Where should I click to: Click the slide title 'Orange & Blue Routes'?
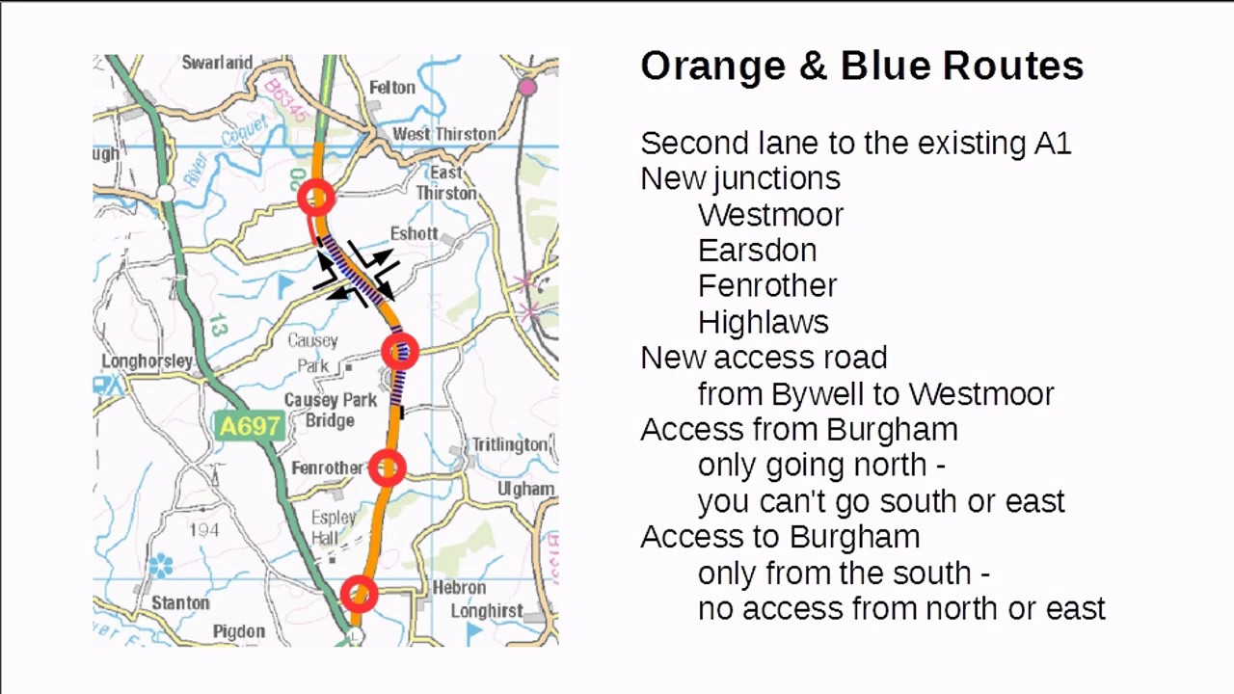pyautogui.click(x=862, y=66)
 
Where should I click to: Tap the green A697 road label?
pyautogui.click(x=250, y=425)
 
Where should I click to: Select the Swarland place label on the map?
pyautogui.click(x=217, y=63)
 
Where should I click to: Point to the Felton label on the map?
pyautogui.click(x=391, y=87)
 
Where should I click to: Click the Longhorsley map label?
pyautogui.click(x=147, y=361)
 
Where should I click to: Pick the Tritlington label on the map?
pyautogui.click(x=508, y=444)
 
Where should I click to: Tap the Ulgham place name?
pyautogui.click(x=525, y=489)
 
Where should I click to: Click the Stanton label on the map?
pyautogui.click(x=180, y=602)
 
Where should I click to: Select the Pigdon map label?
pyautogui.click(x=238, y=631)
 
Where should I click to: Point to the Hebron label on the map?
pyautogui.click(x=459, y=587)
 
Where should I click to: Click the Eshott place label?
pyautogui.click(x=414, y=233)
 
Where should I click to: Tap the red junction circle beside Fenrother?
pyautogui.click(x=388, y=468)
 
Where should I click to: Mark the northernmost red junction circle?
pyautogui.click(x=316, y=199)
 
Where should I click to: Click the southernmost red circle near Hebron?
pyautogui.click(x=359, y=595)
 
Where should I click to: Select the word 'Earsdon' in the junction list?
pyautogui.click(x=757, y=251)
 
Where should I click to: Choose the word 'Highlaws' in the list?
pyautogui.click(x=763, y=322)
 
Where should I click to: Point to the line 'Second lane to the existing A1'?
pyautogui.click(x=855, y=144)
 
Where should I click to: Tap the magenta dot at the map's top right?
pyautogui.click(x=526, y=88)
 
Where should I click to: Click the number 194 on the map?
pyautogui.click(x=203, y=529)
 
